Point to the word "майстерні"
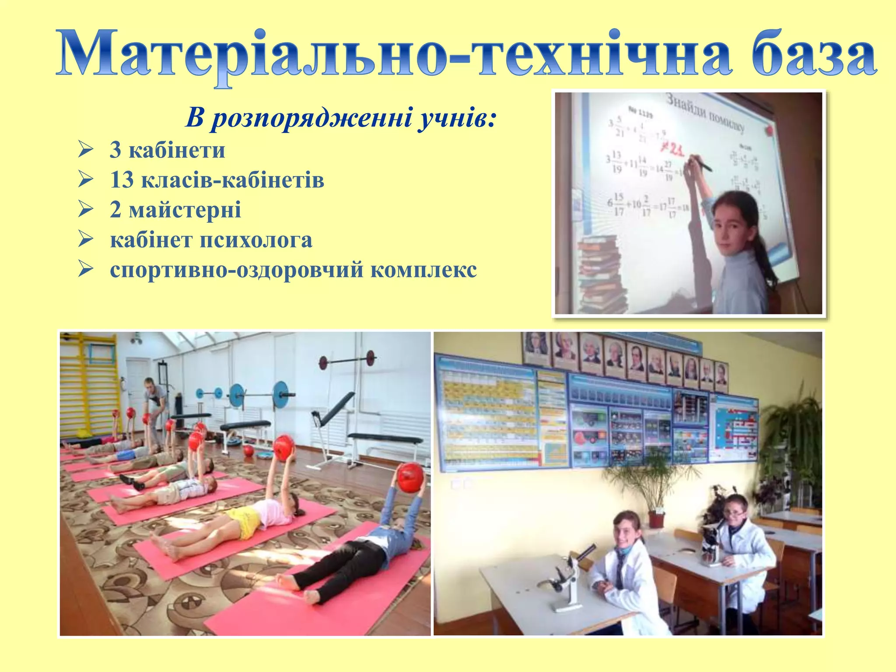(184, 209)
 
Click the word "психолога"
(256, 240)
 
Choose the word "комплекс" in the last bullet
(423, 269)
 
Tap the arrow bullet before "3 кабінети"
(86, 150)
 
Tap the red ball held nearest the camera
(410, 478)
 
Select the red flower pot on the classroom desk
(656, 519)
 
